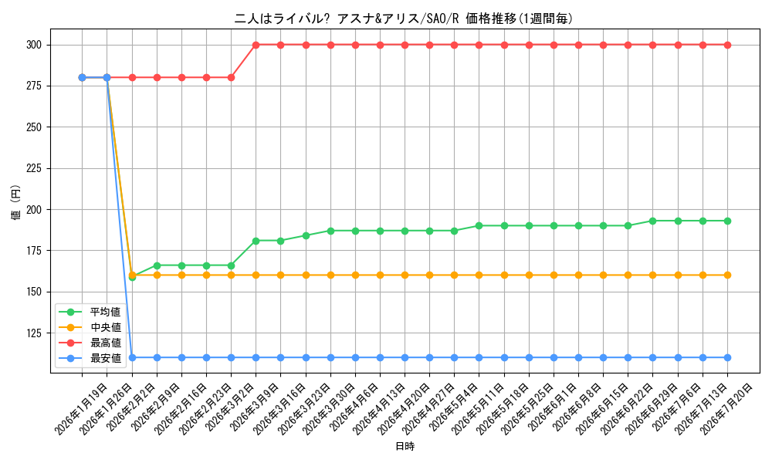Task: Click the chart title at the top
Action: (x=403, y=19)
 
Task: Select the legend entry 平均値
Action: (x=105, y=312)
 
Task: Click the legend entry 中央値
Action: (x=105, y=327)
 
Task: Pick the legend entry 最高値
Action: (x=105, y=343)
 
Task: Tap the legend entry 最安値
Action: (x=105, y=358)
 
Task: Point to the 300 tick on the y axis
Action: (x=34, y=46)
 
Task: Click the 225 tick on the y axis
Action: (x=34, y=169)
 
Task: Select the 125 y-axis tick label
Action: (x=34, y=333)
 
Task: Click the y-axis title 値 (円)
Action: (x=16, y=201)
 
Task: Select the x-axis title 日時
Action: (x=405, y=446)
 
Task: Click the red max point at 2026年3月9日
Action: (x=256, y=46)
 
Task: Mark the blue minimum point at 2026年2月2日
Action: (x=132, y=358)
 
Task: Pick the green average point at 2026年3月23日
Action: (x=306, y=235)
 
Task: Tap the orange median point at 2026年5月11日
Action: (x=479, y=275)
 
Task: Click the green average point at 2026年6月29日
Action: (x=653, y=221)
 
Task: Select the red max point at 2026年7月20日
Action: (x=727, y=46)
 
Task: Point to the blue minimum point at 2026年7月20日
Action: (x=727, y=358)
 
